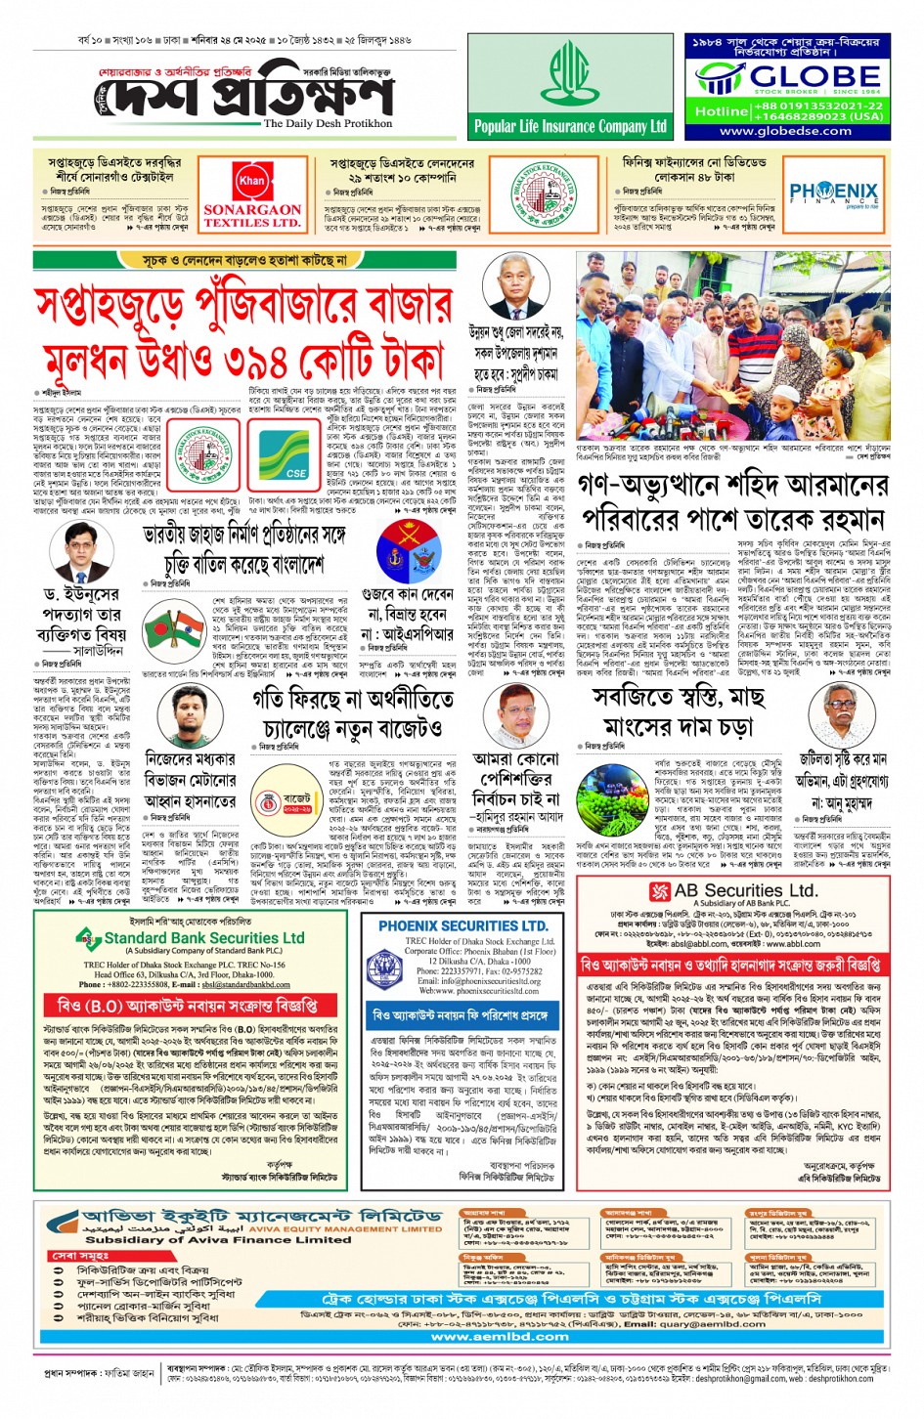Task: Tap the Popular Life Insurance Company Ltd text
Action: pyautogui.click(x=570, y=126)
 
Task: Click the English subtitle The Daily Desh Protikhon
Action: pyautogui.click(x=328, y=124)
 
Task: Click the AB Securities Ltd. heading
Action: pyautogui.click(x=733, y=890)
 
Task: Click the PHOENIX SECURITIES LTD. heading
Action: pyautogui.click(x=462, y=925)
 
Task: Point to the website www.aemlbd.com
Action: pyautogui.click(x=486, y=1336)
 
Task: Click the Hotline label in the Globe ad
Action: pyautogui.click(x=721, y=111)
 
